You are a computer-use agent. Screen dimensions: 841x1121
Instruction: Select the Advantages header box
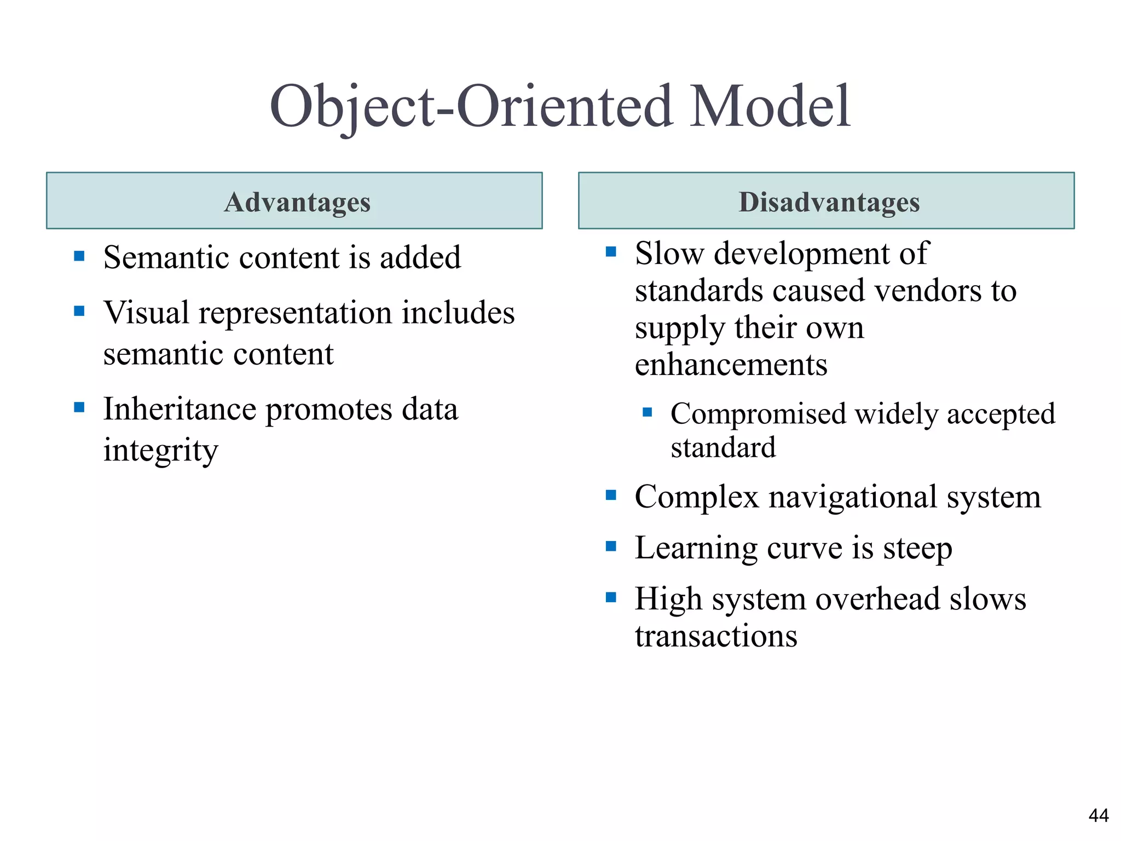[x=294, y=201]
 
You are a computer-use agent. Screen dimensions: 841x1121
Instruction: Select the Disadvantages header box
[x=826, y=201]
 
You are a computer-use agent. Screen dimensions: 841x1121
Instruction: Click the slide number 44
[x=1098, y=816]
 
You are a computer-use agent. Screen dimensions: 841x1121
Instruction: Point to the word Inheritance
[x=180, y=409]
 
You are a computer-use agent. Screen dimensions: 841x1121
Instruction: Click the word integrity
[x=161, y=451]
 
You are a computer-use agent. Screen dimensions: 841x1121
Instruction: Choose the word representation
[x=296, y=314]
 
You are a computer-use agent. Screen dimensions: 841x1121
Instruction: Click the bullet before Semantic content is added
[x=79, y=256]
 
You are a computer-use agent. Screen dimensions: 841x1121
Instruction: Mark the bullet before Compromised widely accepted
[x=648, y=412]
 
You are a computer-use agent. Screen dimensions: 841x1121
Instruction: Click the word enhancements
[x=731, y=365]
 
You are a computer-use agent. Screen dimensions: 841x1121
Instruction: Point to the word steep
[x=917, y=548]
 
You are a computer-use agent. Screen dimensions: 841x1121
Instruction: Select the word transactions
[x=716, y=636]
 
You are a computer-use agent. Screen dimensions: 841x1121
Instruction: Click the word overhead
[x=878, y=599]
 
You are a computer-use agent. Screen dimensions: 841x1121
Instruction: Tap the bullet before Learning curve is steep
[x=611, y=546]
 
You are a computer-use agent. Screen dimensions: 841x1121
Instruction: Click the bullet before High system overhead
[x=611, y=597]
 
